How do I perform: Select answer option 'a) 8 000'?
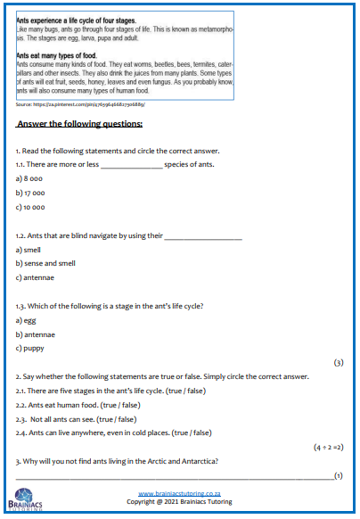coord(30,178)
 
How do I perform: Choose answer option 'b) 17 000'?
coord(32,193)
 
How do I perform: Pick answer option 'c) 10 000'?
coord(32,207)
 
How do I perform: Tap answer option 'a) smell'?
coord(29,250)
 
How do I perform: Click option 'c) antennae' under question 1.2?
coord(36,277)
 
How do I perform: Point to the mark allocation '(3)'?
coord(338,363)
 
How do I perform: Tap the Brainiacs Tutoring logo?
coord(23,502)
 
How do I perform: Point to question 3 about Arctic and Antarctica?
coord(116,460)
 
